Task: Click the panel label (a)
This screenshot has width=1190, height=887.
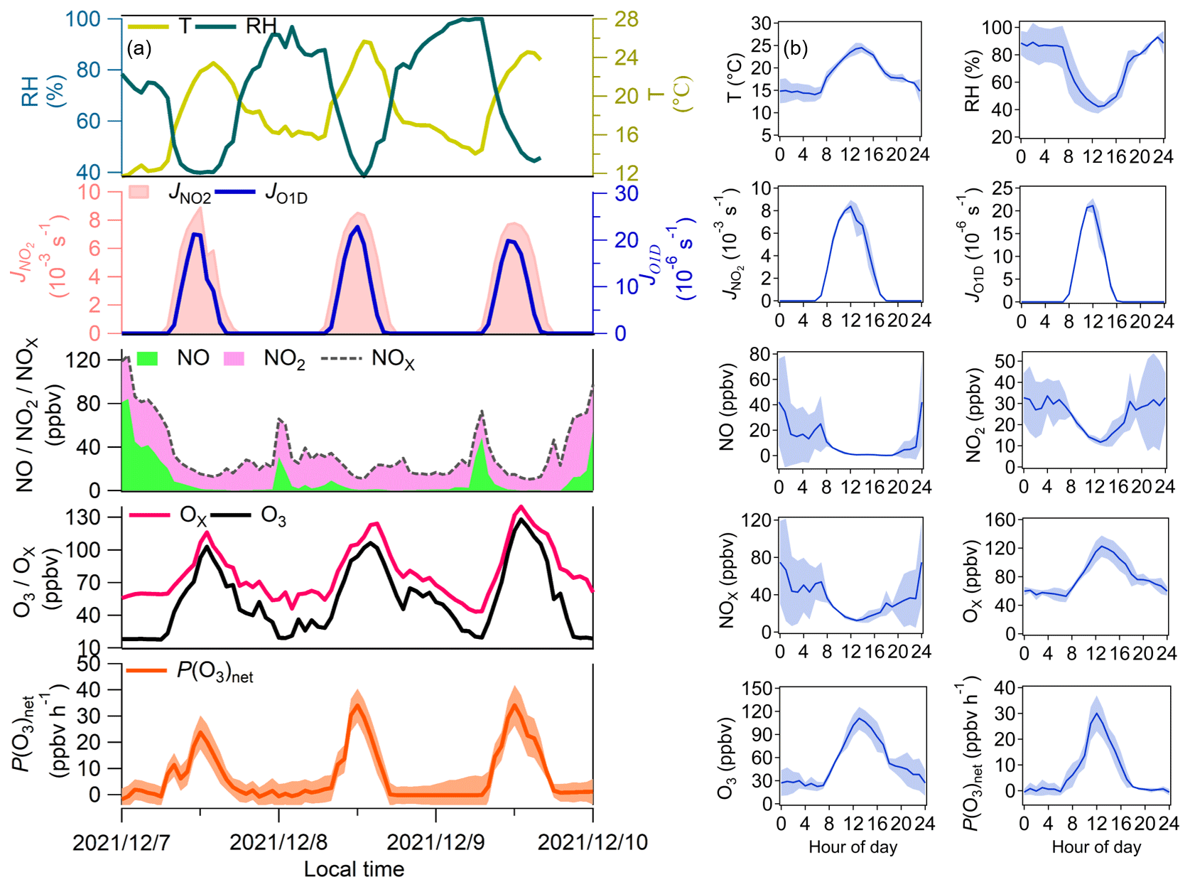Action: (x=139, y=48)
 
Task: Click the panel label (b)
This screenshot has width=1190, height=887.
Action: (x=796, y=48)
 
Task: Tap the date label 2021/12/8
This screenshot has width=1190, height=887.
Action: (x=278, y=842)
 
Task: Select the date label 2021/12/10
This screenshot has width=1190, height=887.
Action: (x=593, y=842)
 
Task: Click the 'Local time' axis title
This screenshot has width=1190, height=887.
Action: (x=354, y=869)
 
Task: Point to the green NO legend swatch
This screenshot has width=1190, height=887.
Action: (x=147, y=358)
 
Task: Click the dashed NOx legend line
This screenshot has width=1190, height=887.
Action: (x=343, y=358)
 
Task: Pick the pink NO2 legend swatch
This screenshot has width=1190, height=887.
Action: (x=234, y=358)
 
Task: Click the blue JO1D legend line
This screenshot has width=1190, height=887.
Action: (x=234, y=192)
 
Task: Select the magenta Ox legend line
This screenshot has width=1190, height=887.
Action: (x=149, y=515)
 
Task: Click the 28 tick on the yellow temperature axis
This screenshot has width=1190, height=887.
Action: (x=626, y=19)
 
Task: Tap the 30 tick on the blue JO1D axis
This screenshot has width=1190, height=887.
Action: (x=626, y=193)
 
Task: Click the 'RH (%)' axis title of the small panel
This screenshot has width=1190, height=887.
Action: (x=971, y=82)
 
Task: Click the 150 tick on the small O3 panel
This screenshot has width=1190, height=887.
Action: (x=757, y=688)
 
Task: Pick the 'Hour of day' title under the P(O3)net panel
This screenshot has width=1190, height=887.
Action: (x=1096, y=847)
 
